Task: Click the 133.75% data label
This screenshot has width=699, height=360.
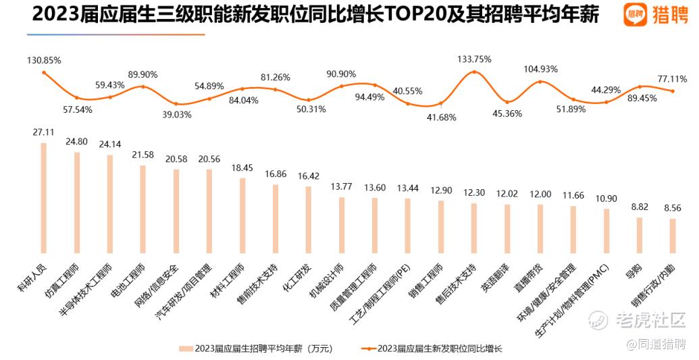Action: pos(473,59)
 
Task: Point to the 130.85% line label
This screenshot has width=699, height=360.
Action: pos(44,60)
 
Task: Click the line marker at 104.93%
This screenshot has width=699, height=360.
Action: pos(540,82)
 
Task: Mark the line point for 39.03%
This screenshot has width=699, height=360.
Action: pos(176,104)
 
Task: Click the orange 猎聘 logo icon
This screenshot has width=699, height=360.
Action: pos(633,14)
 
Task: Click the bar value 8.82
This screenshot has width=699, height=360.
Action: pos(640,208)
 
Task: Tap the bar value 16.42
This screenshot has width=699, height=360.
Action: pos(309,176)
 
